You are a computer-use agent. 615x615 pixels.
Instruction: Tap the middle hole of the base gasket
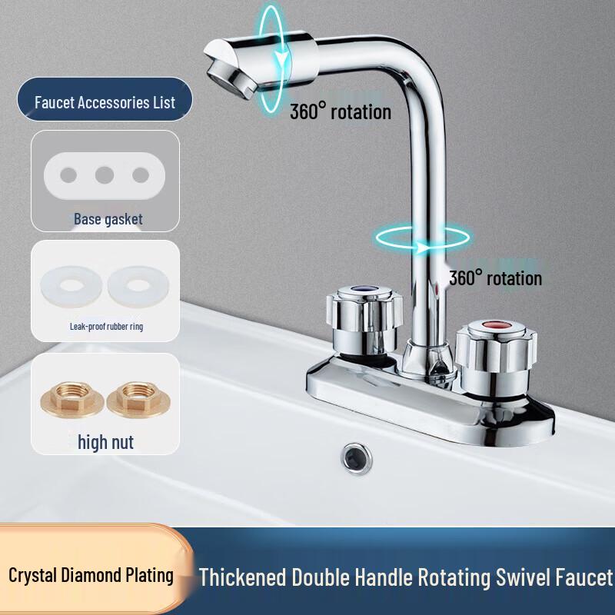[105, 175]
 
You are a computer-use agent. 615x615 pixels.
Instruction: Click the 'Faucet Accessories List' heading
[105, 102]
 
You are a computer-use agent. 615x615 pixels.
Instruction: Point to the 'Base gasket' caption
[108, 219]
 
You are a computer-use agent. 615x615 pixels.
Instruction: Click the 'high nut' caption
[106, 442]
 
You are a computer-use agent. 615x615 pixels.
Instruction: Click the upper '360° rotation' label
[340, 112]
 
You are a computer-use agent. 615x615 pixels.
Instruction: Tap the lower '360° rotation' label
[495, 278]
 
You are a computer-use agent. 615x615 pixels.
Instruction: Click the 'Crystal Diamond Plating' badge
[91, 575]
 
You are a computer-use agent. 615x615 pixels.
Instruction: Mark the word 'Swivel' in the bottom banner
[517, 577]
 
